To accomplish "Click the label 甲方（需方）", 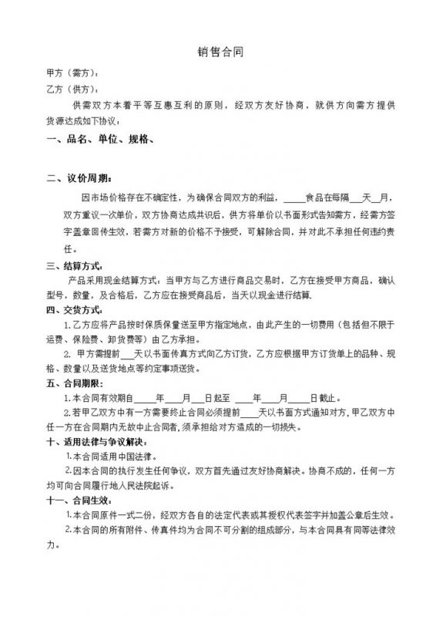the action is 72,73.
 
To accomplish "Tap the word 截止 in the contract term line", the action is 327,399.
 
